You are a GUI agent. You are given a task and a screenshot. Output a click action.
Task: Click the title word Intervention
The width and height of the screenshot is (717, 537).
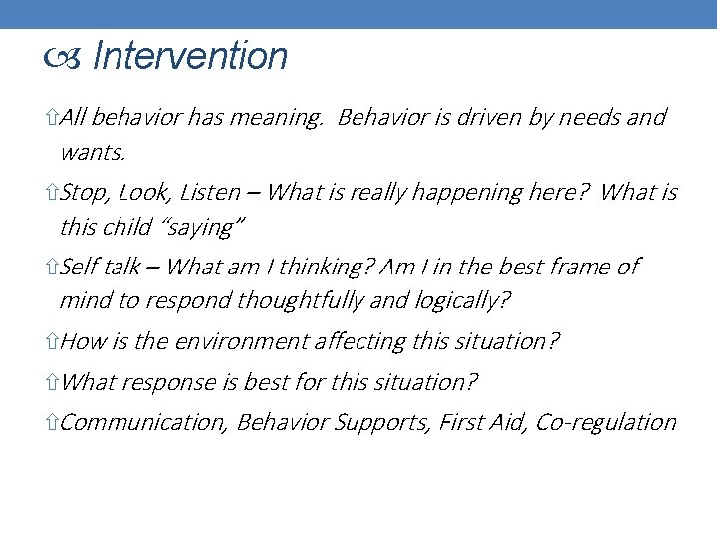[189, 56]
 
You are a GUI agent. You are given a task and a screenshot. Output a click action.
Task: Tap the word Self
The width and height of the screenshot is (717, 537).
[80, 267]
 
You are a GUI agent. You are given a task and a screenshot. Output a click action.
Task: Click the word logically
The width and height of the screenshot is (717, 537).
[462, 300]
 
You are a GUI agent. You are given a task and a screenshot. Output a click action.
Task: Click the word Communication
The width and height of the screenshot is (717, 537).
[143, 422]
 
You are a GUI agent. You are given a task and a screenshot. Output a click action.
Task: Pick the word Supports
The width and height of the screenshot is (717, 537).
[380, 422]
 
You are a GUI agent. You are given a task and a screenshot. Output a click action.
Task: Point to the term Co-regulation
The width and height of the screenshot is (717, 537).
[605, 422]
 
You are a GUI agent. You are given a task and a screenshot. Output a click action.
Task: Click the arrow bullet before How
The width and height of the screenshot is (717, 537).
[52, 342]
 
